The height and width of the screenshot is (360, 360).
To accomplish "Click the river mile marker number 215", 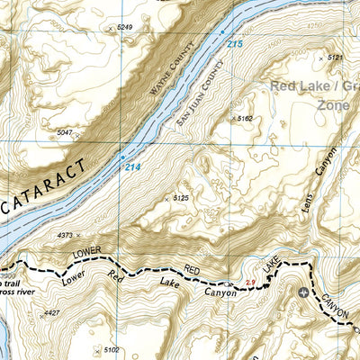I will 235,44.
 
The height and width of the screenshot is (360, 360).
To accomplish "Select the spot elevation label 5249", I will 124,28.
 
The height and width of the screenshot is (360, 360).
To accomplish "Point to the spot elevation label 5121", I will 336,58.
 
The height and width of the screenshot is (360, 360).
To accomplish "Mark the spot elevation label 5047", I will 64,132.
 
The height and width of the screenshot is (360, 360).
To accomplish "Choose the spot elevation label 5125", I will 180,198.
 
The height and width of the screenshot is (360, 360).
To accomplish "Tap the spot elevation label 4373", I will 64,236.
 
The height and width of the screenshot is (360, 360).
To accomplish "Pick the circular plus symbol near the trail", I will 303,293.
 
